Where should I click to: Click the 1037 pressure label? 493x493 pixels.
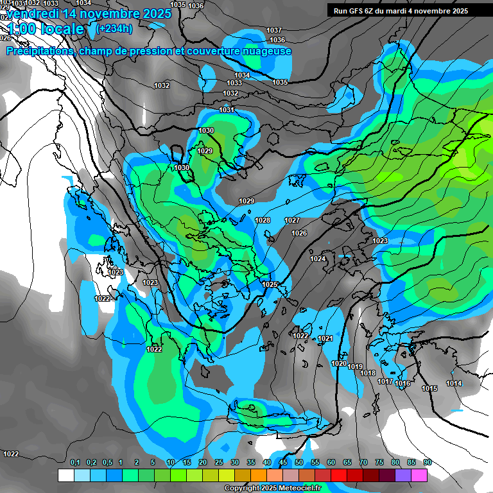coord(274,30)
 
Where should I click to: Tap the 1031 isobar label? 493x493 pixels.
coord(227,110)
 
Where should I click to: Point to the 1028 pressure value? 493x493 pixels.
coord(263,220)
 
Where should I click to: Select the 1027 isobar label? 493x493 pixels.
coord(292,220)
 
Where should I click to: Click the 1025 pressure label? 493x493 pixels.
coord(270,284)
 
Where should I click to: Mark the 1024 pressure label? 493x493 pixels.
coord(318,259)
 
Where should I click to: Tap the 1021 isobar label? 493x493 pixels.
coord(325,338)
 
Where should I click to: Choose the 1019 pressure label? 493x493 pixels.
coord(355,367)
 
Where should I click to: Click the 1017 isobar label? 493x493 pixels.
coord(385,381)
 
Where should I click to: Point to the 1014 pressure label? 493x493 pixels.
coord(454,383)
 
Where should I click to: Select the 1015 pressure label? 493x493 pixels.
coord(429,388)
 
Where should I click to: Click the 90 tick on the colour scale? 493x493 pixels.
coord(427,462)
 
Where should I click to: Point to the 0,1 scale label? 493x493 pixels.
coord(75,462)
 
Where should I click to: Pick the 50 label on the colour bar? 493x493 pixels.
coord(299,462)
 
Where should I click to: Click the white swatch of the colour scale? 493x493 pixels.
coord(65,475)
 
